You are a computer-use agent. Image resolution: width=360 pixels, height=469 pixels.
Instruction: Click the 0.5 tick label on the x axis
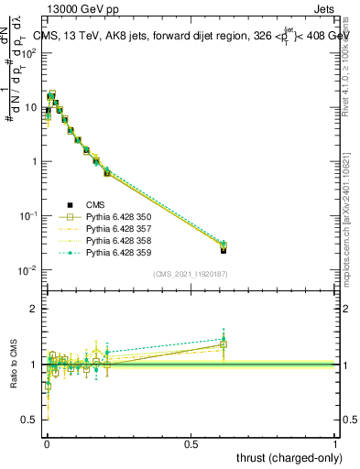[x=191, y=443]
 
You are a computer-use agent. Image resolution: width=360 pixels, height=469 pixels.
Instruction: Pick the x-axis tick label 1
[x=335, y=443]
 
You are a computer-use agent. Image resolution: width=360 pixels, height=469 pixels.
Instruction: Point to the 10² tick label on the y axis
[x=27, y=53]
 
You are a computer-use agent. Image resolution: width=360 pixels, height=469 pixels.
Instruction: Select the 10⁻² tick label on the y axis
[x=27, y=270]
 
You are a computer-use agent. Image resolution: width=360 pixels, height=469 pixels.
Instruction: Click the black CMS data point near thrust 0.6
[x=224, y=249]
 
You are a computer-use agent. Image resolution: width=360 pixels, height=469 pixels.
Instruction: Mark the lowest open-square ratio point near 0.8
[x=48, y=386]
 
